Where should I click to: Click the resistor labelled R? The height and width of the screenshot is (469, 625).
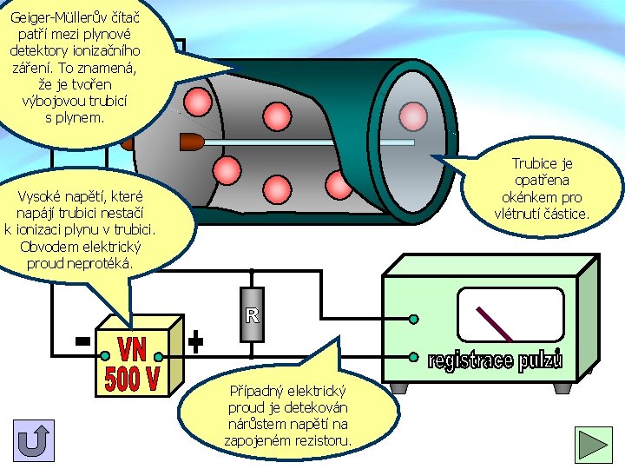(x=252, y=314)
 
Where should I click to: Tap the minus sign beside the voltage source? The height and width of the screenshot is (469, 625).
(x=82, y=341)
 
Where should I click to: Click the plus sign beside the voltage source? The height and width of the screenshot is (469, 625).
(x=196, y=342)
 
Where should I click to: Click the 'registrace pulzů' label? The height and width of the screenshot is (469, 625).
(x=495, y=360)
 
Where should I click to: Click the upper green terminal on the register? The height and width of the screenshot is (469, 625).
(x=414, y=320)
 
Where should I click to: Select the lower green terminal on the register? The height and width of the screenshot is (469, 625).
(x=414, y=355)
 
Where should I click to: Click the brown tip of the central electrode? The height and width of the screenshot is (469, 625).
(x=190, y=140)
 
